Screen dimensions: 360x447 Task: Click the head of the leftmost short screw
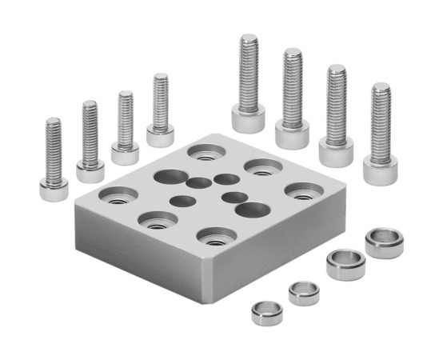[x=53, y=188]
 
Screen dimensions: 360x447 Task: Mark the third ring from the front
[x=345, y=264]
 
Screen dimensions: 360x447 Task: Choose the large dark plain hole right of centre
[x=251, y=210]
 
